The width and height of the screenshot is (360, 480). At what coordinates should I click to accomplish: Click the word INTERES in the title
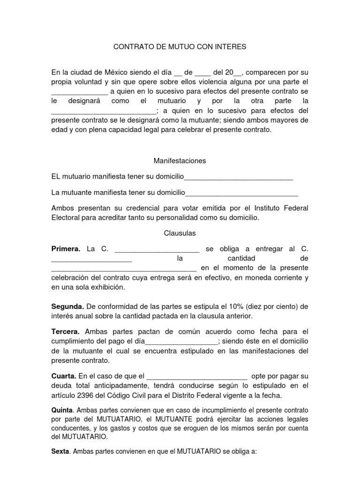(230, 47)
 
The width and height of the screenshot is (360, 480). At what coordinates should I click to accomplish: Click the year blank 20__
(233, 73)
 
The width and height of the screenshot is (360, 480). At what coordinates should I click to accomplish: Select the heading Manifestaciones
(180, 161)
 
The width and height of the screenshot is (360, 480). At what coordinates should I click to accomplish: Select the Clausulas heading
(180, 233)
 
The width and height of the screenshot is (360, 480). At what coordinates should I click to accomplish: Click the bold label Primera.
(66, 248)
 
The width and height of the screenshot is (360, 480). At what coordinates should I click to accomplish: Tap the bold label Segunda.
(67, 307)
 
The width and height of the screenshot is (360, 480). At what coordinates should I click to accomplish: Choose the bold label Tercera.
(65, 331)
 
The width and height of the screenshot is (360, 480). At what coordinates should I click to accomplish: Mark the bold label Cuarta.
(63, 376)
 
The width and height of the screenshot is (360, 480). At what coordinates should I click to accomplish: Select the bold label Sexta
(60, 453)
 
